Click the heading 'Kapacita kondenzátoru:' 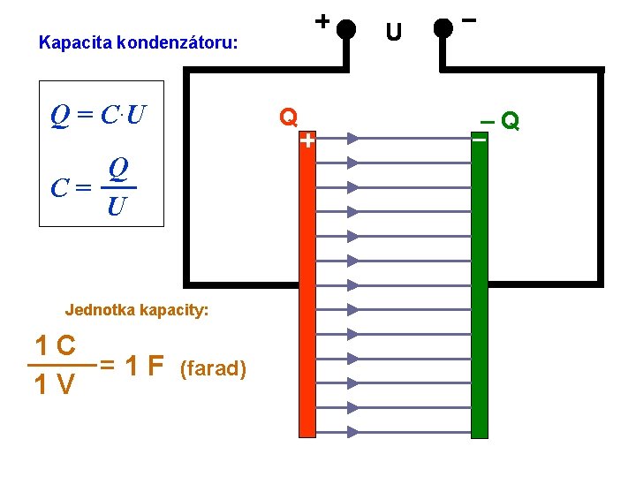(139, 42)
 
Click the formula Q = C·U (99, 115)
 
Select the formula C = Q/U (95, 186)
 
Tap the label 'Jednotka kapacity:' (137, 310)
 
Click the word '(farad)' (213, 367)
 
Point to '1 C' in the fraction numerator (54, 344)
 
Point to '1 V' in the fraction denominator (54, 385)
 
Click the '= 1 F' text (132, 365)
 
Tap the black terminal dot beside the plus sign (347, 28)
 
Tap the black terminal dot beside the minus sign (443, 28)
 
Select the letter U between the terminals (394, 33)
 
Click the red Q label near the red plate (288, 117)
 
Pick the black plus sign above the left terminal (322, 19)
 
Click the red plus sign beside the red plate (307, 140)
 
